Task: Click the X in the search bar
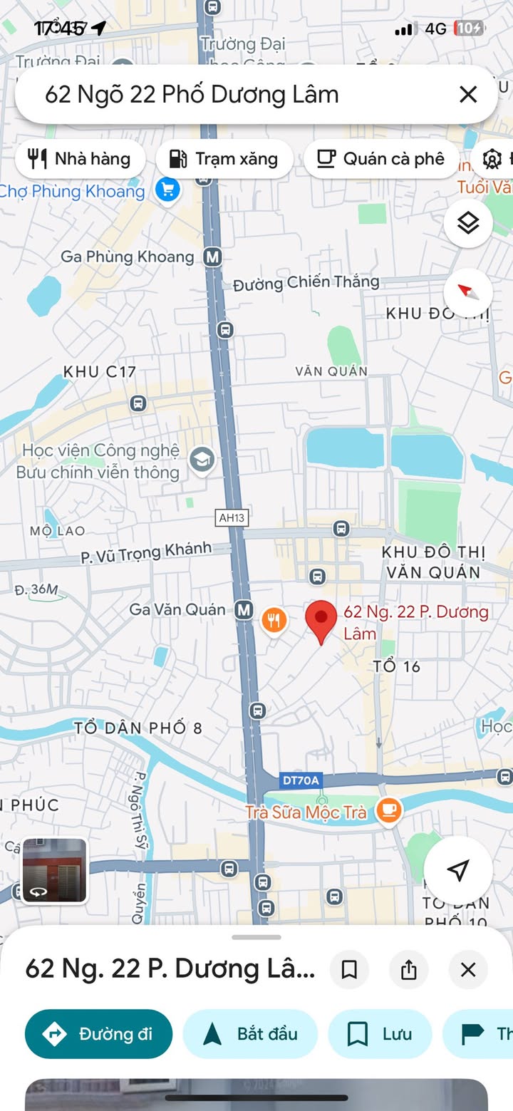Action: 468,94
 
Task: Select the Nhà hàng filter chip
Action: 80,158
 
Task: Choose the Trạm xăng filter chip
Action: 224,158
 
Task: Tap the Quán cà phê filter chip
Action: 381,158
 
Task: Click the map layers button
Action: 468,223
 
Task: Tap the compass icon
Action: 468,292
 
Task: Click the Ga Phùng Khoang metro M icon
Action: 212,257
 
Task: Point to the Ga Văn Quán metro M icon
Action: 244,610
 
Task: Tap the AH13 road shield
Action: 232,518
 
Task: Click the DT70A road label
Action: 300,780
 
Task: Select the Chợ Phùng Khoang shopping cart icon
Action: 167,190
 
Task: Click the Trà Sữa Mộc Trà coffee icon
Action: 389,810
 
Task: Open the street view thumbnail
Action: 54,871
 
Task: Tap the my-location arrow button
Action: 458,869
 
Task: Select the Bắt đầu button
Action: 250,1034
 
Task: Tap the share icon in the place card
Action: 408,969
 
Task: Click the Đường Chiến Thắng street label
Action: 306,283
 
